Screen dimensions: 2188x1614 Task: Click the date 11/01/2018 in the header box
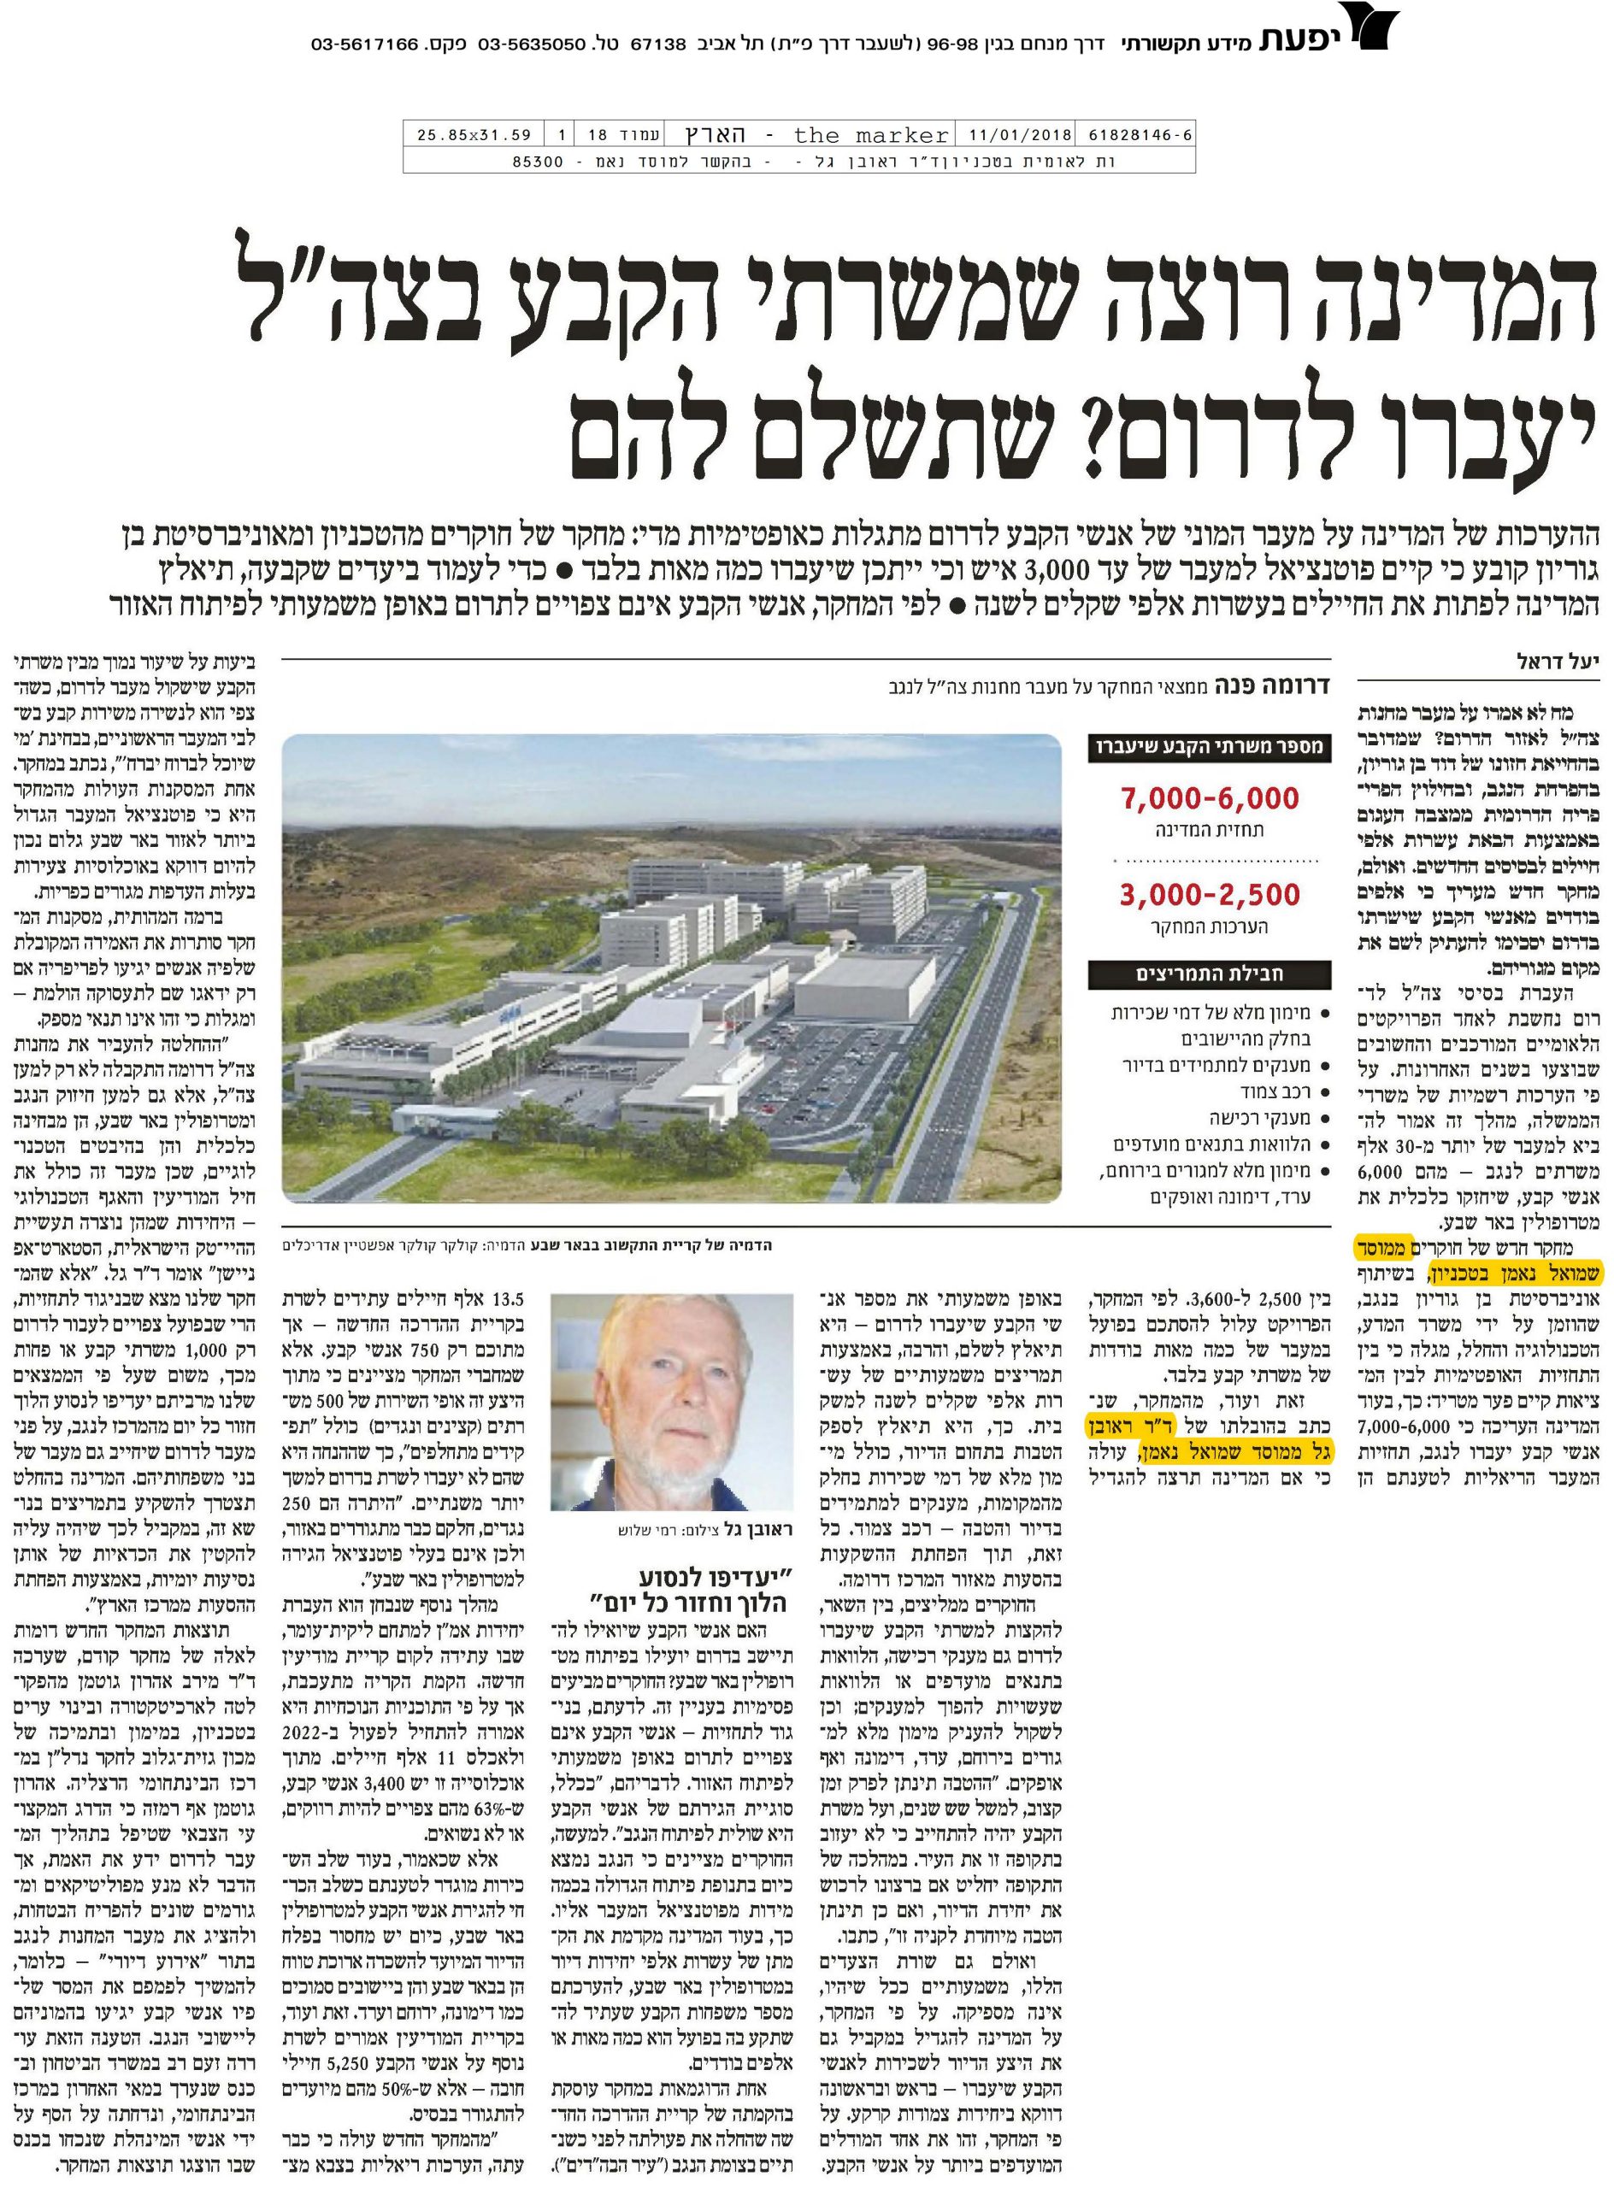pos(1020,135)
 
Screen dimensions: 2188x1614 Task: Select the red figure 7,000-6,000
pos(1210,799)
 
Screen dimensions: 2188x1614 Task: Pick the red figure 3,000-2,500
pos(1210,895)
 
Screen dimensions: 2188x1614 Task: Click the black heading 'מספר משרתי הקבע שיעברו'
pos(1209,747)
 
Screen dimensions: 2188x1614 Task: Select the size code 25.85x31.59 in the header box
pos(473,135)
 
